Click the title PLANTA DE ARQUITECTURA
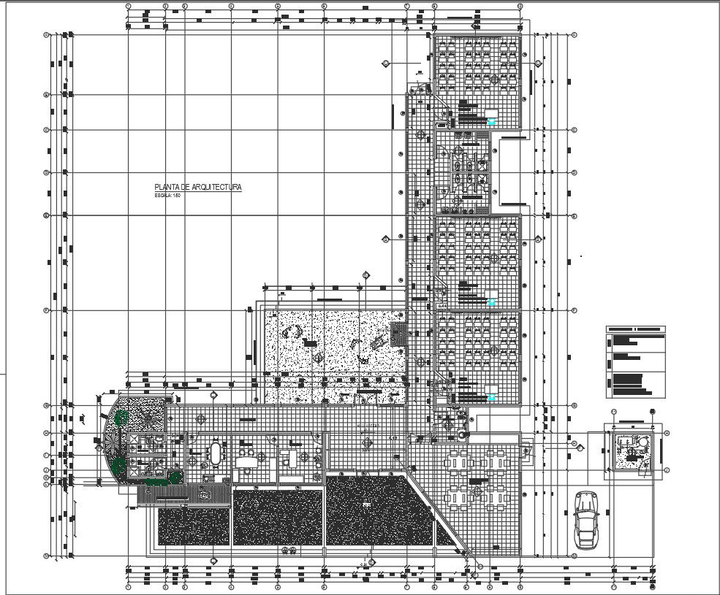(x=197, y=188)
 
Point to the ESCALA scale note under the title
(x=167, y=196)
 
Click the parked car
(x=586, y=519)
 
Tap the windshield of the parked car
(x=586, y=512)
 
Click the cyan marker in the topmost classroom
(x=492, y=122)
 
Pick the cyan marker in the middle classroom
(x=492, y=302)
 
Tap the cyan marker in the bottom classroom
(x=492, y=397)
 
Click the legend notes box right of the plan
(x=636, y=361)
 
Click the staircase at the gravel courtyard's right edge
(x=399, y=335)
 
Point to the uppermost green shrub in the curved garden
(x=121, y=418)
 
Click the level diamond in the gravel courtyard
(x=319, y=356)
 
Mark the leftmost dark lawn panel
(x=194, y=518)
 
